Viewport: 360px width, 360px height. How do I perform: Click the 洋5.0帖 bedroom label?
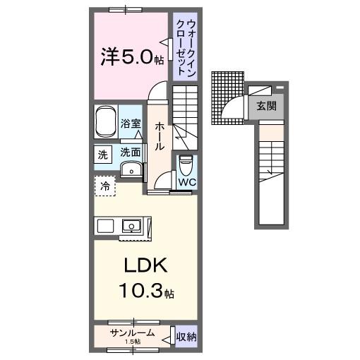[132, 56]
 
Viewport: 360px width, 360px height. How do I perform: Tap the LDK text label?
[145, 265]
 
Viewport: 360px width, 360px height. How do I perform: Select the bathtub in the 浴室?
[106, 122]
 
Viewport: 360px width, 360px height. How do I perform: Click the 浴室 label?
[131, 124]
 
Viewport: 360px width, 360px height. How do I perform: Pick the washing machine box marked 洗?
[103, 155]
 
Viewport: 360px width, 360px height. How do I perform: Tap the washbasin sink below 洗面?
[131, 169]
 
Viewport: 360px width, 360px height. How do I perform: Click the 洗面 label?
[131, 152]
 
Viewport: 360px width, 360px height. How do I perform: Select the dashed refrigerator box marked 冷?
[105, 186]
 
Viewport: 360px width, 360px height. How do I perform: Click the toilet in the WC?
[186, 165]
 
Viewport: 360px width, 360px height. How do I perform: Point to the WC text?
[187, 182]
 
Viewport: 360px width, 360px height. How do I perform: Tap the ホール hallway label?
[160, 136]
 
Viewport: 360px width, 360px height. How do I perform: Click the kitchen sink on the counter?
[131, 226]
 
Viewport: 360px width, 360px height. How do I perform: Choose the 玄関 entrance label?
[266, 106]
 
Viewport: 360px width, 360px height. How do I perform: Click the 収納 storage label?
[186, 337]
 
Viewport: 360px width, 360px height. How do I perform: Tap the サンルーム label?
[133, 333]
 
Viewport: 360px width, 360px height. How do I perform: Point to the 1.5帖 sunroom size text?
[133, 342]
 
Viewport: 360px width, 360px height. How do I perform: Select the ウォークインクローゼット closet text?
[186, 48]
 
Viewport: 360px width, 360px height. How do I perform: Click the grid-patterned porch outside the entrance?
[227, 98]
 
